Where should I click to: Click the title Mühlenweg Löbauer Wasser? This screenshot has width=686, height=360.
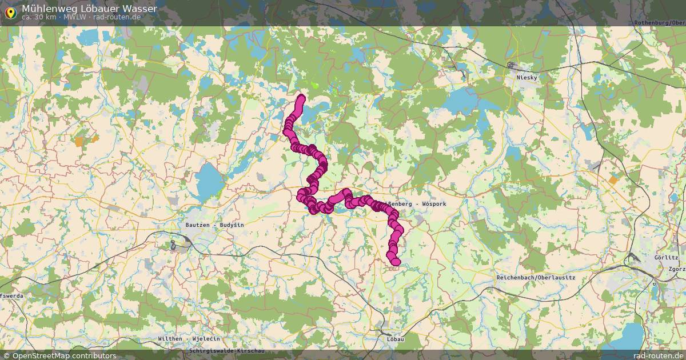pos(89,9)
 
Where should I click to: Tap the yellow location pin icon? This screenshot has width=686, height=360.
pos(10,12)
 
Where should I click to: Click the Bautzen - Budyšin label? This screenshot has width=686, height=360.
pos(214,225)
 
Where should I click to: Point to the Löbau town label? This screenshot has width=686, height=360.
pos(395,339)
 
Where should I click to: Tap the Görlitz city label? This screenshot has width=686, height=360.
pos(666,258)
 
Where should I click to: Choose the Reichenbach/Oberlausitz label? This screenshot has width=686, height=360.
pos(536,277)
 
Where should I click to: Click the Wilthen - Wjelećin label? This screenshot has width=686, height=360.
pos(189,339)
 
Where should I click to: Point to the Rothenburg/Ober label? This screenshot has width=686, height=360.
pos(660,23)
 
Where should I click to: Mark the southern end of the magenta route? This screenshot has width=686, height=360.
pos(395,262)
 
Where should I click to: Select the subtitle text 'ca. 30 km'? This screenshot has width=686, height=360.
pos(38,17)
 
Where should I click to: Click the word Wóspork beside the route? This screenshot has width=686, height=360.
pos(434,204)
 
